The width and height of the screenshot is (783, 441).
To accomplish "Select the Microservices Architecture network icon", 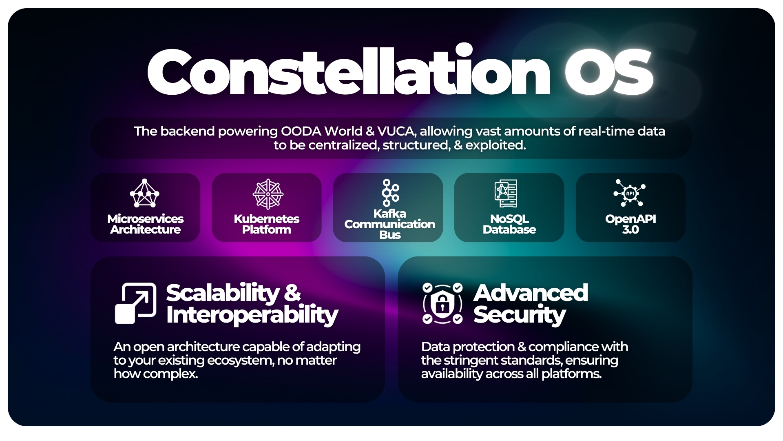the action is [144, 193].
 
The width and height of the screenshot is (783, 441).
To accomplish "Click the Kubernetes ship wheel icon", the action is [268, 194].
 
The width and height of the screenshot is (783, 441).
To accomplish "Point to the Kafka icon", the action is [390, 193].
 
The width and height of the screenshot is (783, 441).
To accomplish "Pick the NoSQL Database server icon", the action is [506, 194].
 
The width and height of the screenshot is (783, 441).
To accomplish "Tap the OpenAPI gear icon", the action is [630, 193].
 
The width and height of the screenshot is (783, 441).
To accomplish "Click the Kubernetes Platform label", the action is [267, 224].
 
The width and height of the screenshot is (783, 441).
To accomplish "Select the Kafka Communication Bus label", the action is [390, 224].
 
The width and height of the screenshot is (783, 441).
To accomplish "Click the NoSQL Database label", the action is [509, 224].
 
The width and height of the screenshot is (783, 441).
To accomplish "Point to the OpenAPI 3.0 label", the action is [630, 224].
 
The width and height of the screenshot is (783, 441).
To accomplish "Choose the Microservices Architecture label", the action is [145, 224].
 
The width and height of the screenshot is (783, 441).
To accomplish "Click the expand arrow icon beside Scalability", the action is [135, 303].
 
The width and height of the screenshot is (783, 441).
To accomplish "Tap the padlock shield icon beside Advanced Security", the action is [442, 303].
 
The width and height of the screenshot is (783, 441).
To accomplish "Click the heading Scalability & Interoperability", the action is [252, 304].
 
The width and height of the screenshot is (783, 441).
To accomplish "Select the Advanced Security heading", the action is [531, 304].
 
